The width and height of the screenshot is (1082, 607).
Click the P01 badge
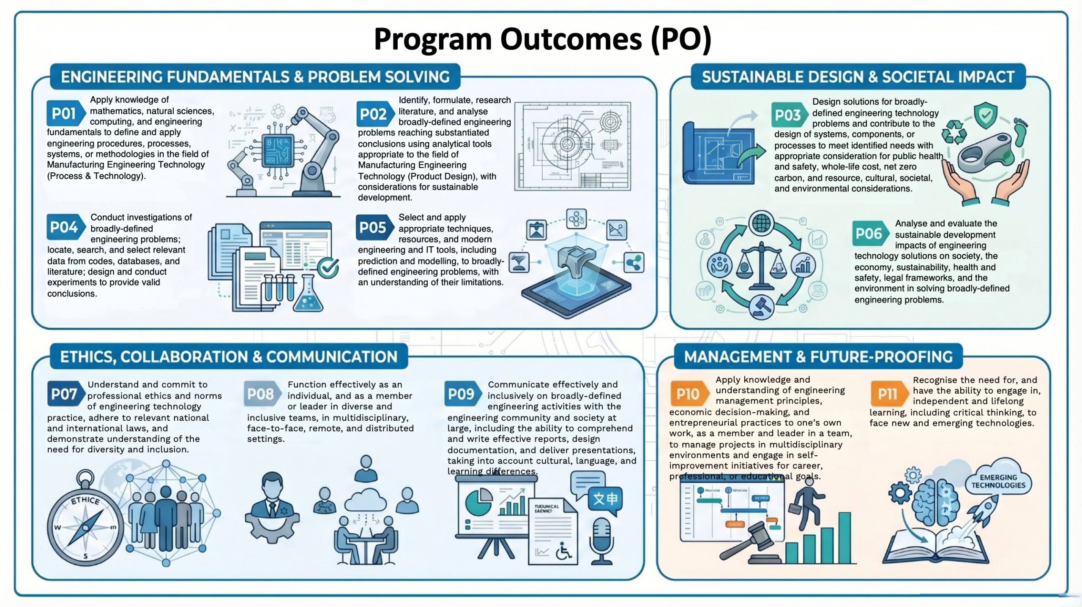[66, 113]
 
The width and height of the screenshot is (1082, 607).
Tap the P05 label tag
[374, 228]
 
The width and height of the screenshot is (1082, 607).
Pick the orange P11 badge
[889, 394]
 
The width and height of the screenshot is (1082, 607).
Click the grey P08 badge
[262, 394]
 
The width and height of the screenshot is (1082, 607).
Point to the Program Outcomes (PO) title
[543, 39]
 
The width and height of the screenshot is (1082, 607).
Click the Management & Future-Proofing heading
[818, 357]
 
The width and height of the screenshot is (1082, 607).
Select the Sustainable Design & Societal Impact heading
[858, 77]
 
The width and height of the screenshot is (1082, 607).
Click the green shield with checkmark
[986, 115]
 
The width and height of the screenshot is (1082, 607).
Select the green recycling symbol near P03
[954, 133]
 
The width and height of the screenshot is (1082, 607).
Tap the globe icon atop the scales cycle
[761, 223]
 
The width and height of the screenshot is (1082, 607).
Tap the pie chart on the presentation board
[478, 502]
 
